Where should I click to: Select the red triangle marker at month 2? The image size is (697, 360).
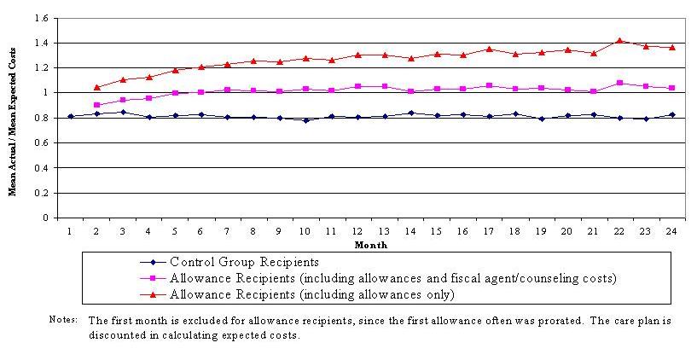tap(96, 87)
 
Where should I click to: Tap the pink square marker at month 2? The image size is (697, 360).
tap(96, 105)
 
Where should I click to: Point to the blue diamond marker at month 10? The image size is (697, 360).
tap(305, 120)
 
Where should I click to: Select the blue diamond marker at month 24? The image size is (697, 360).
tap(672, 114)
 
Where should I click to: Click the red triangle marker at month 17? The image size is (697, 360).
tap(489, 49)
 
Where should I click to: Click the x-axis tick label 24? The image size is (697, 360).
tap(671, 231)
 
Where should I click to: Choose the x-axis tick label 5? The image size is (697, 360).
tap(175, 231)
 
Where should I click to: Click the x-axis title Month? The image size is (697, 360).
tap(370, 245)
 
